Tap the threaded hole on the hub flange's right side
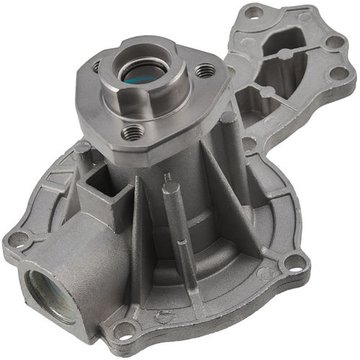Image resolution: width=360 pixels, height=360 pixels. coord(205,71)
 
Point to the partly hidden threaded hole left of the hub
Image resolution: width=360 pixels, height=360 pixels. coord(96,66)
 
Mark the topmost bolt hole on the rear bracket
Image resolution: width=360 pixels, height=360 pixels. coord(253,12)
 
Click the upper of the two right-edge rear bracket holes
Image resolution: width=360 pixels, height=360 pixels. coord(333,42)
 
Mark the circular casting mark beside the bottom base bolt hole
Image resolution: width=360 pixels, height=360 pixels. coord(164,316)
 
